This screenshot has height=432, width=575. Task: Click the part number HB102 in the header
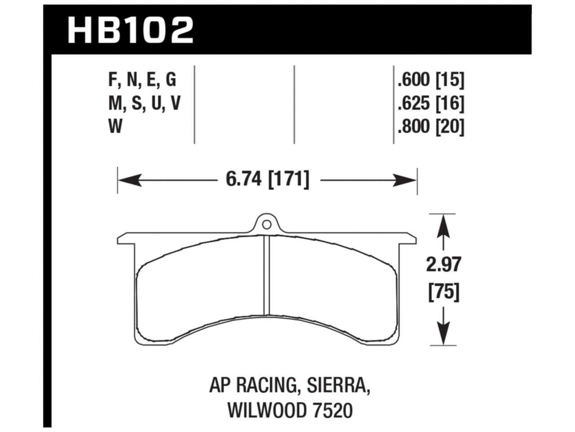(130, 30)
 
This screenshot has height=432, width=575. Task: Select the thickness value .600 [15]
(430, 80)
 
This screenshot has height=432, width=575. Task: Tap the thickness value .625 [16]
(430, 104)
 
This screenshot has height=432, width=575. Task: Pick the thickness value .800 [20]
(430, 127)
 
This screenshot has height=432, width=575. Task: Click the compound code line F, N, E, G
(142, 80)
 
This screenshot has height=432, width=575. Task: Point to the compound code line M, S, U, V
(144, 104)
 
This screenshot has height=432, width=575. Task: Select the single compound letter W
(115, 127)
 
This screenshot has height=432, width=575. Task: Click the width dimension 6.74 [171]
(267, 180)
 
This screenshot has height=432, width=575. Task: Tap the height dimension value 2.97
(443, 265)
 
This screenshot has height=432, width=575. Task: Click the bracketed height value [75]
(443, 293)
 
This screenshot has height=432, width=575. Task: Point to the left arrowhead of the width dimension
(128, 181)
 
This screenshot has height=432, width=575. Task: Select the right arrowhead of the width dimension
(407, 181)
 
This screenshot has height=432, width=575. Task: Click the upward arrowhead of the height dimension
(443, 224)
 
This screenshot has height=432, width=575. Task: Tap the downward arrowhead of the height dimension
(443, 336)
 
